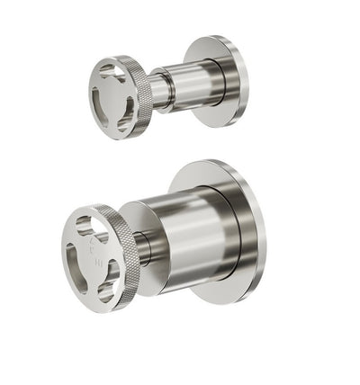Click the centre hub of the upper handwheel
(112, 94)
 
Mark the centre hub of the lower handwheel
(93, 252)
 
